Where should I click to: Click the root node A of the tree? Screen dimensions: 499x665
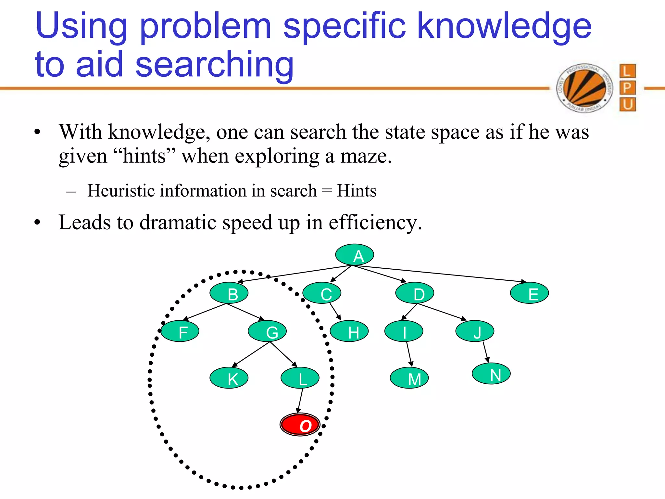[355, 255]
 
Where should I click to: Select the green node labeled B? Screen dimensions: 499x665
[229, 293]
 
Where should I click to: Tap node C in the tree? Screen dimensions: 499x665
[322, 293]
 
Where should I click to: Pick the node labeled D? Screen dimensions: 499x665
[415, 293]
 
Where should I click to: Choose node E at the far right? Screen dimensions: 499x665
[529, 293]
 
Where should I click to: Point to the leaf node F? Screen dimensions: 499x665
[180, 331]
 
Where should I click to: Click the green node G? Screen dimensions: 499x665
[267, 331]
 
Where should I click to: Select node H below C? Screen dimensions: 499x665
[349, 331]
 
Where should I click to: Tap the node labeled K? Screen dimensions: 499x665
[229, 377]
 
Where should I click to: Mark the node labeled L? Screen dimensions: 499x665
[300, 377]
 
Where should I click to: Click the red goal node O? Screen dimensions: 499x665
[300, 424]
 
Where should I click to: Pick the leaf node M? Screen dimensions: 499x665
[409, 377]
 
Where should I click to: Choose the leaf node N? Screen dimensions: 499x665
[491, 374]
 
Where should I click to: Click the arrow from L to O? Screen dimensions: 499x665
[300, 401]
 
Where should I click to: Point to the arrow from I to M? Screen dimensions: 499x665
[409, 354]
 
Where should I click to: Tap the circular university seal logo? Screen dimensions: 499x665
[584, 88]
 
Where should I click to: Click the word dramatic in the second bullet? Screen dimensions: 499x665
[178, 223]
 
